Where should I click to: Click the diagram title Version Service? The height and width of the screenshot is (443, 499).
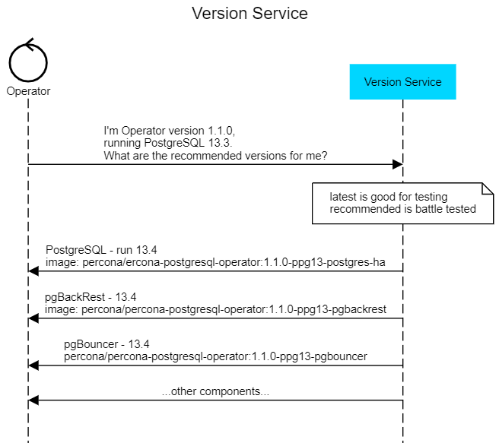coord(249,14)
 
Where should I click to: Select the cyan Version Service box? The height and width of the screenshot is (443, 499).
coord(402,82)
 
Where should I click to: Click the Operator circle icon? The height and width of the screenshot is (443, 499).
coord(28,61)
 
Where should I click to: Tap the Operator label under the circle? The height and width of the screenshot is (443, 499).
coord(28,91)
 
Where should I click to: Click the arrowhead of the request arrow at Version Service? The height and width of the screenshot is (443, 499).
coord(397,164)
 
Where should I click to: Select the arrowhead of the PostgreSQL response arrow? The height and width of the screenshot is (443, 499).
coord(33,271)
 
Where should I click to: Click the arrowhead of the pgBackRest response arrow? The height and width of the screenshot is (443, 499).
coord(33,318)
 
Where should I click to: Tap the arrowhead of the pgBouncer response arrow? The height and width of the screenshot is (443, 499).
coord(33,365)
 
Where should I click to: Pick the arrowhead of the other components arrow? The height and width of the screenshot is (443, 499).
coord(33,400)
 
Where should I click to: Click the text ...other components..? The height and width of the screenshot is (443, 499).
coord(215,392)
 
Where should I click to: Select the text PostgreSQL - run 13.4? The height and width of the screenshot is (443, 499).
coord(101,249)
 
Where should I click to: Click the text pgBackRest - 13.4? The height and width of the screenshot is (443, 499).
coord(91,296)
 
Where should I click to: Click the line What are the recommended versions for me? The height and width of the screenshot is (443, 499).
coord(215,155)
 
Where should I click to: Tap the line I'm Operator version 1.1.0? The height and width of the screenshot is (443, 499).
coord(174,131)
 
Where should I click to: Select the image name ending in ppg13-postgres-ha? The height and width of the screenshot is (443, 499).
coord(215,262)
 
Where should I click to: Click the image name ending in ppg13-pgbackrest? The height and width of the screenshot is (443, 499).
coord(215,309)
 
